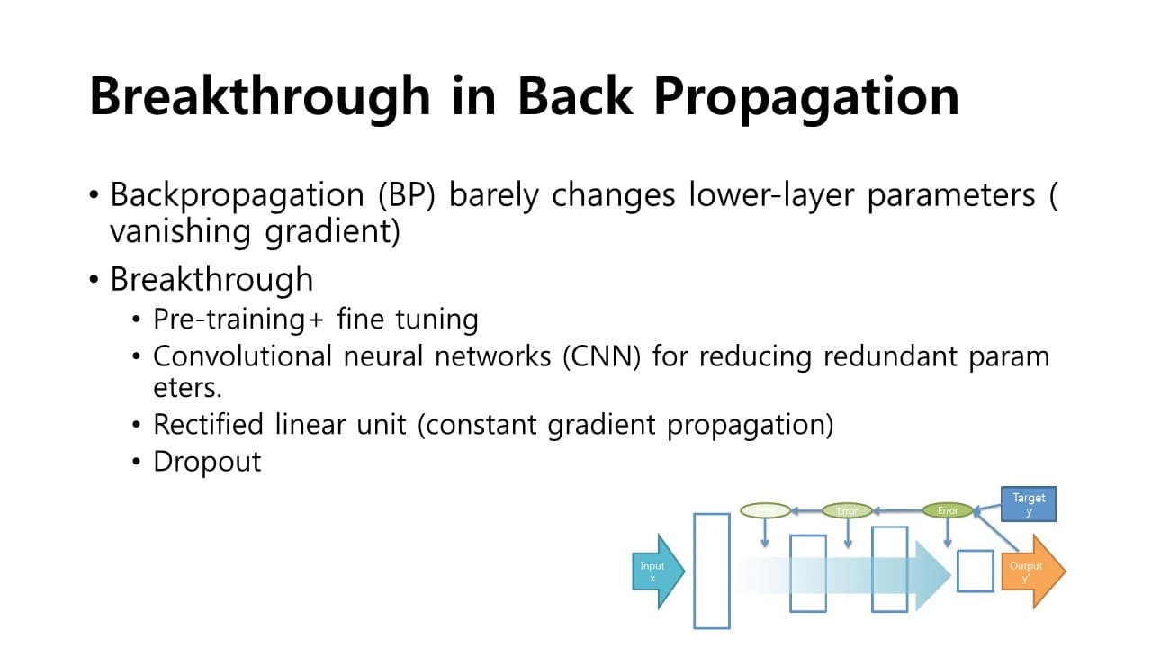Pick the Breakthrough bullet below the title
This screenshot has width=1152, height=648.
click(x=211, y=279)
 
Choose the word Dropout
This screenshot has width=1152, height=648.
click(x=207, y=461)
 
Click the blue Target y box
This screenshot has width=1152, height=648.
click(x=1029, y=504)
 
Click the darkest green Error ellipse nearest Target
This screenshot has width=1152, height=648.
click(x=948, y=510)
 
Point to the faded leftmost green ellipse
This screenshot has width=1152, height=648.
click(x=765, y=510)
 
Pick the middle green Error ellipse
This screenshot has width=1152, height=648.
click(x=847, y=510)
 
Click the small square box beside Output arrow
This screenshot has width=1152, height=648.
click(x=975, y=571)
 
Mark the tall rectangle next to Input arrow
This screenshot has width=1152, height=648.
click(x=711, y=571)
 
